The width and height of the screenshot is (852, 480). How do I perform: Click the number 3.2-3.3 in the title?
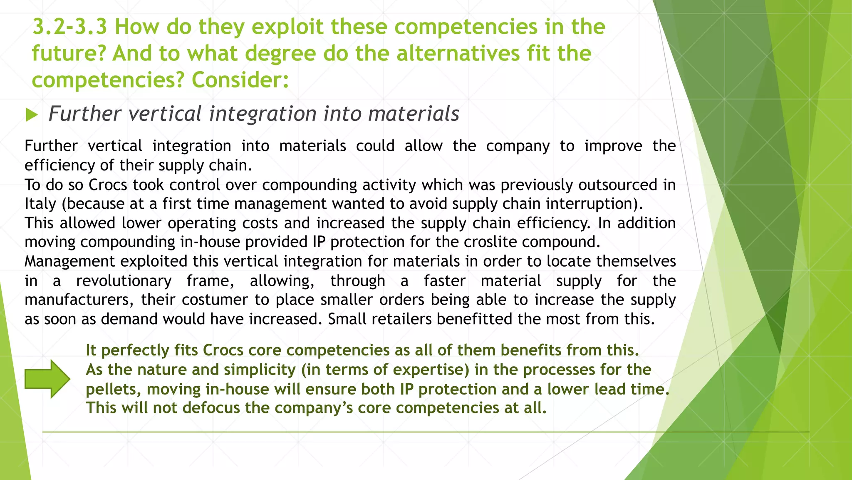point(69,27)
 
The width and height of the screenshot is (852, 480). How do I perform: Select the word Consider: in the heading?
point(240,80)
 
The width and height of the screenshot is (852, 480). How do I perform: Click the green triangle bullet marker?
point(32,114)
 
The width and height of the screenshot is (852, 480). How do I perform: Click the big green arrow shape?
point(47,379)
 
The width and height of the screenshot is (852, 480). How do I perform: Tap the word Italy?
point(40,204)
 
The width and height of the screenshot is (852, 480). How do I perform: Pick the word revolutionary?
point(124,281)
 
